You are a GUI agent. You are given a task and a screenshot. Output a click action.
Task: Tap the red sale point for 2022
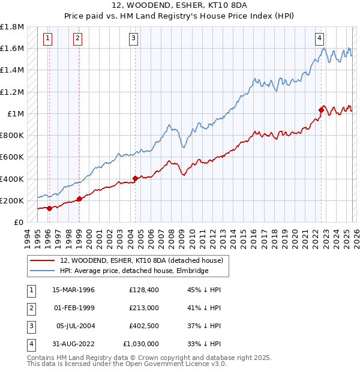(x=322, y=110)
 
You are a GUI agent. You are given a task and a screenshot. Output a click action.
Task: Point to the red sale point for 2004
(x=135, y=178)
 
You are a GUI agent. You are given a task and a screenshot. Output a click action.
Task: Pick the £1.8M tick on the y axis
(x=12, y=27)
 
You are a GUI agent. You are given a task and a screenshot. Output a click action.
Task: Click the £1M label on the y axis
(x=16, y=113)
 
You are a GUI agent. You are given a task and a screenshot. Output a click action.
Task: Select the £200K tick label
(x=12, y=200)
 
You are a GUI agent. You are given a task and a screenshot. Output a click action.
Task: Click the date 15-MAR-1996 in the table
(x=73, y=290)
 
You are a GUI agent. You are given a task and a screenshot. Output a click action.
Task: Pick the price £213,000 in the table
(x=143, y=308)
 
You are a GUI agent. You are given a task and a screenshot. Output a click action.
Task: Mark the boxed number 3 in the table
(x=30, y=326)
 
